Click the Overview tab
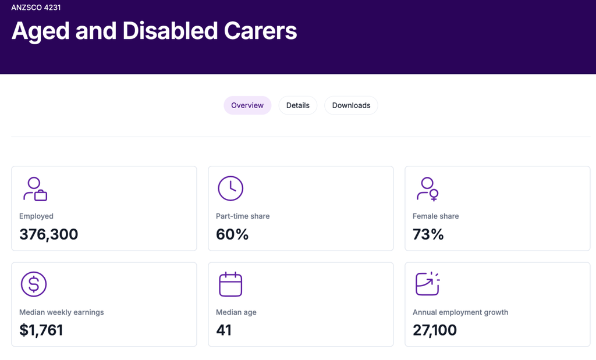point(247,105)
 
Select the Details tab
point(297,105)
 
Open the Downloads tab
point(351,105)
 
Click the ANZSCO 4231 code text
point(36,7)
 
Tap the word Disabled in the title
point(170,31)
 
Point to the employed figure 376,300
point(49,234)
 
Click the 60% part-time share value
point(232,234)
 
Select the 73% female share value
point(428,234)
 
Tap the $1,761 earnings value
point(41,330)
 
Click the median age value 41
point(224,330)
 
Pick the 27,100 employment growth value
point(435,330)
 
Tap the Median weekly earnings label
point(62,312)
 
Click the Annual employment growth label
point(460,312)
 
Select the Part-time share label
point(243,216)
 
